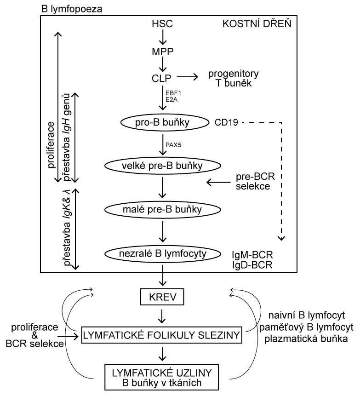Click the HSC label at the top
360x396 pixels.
tap(161, 24)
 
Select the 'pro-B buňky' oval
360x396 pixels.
tap(162, 123)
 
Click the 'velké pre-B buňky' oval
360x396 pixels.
tap(162, 165)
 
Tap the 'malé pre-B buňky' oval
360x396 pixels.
tap(162, 210)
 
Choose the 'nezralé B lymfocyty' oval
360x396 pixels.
tap(162, 253)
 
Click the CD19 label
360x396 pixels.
tap(225, 123)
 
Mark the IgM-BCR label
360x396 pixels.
tap(252, 254)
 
